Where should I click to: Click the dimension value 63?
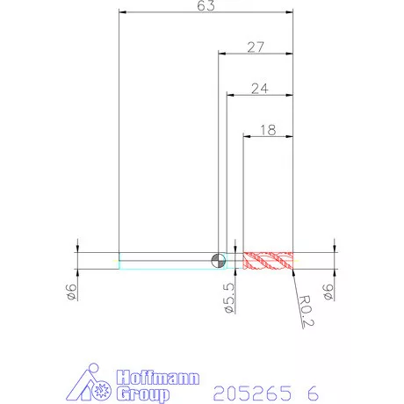206,5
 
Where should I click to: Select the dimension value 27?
256,47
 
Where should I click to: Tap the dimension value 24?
260,89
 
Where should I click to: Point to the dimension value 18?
268,130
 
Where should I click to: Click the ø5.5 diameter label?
229,298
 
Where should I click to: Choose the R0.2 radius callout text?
307,311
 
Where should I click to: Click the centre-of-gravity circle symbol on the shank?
219,260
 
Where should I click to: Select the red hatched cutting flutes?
268,261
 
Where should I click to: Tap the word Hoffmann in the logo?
158,378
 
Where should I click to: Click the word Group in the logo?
143,394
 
